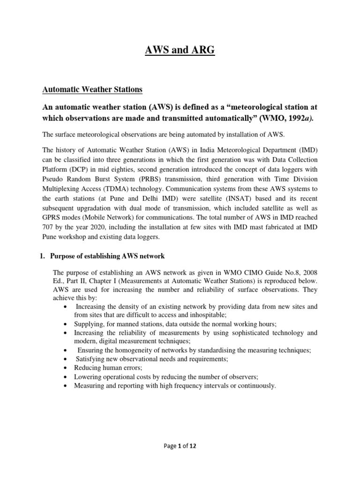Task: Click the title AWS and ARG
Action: [180, 50]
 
